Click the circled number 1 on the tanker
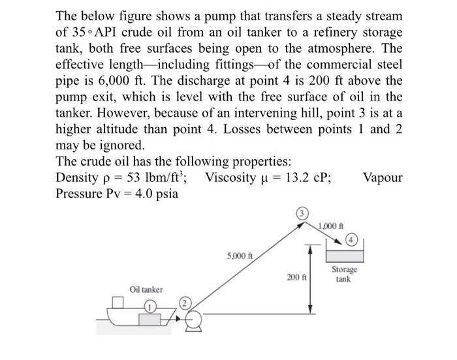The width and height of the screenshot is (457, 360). tap(150, 305)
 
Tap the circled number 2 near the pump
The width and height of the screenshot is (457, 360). tap(185, 302)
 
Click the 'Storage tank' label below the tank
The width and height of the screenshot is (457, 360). tap(343, 274)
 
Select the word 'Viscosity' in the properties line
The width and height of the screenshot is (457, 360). tap(234, 177)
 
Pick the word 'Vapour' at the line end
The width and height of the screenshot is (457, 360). tap(383, 177)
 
